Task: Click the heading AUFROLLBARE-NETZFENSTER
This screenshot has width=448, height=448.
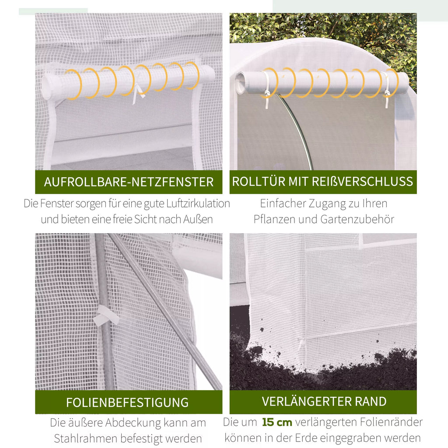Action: [x=129, y=182]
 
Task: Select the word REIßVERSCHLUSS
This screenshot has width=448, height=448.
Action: [x=362, y=182]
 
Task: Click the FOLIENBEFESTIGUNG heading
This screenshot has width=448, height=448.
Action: [x=127, y=402]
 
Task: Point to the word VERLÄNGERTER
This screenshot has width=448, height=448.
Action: [x=306, y=401]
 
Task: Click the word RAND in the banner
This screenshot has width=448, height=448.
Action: [x=371, y=402]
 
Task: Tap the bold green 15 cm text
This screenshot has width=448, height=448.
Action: [x=277, y=422]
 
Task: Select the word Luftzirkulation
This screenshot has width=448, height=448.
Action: [x=198, y=203]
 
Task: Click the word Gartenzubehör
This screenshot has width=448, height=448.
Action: [x=357, y=220]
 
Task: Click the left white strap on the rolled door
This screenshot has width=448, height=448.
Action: [x=266, y=89]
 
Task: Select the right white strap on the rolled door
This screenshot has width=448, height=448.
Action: [x=386, y=89]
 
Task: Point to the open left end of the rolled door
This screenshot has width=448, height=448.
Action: [x=240, y=83]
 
